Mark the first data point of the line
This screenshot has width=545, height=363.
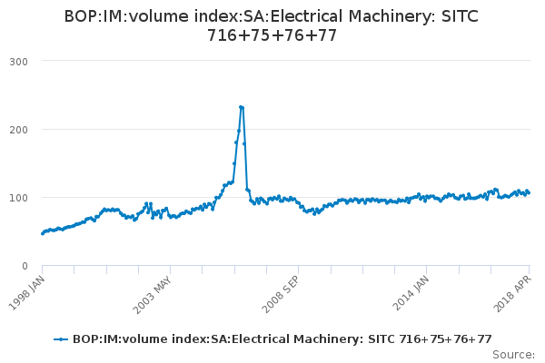(x=43, y=233)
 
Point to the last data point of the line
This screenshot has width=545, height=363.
(x=529, y=192)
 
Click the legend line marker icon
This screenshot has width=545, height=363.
(x=61, y=338)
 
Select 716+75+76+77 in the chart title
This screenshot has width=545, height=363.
(x=272, y=35)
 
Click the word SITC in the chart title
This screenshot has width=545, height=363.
(x=458, y=17)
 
